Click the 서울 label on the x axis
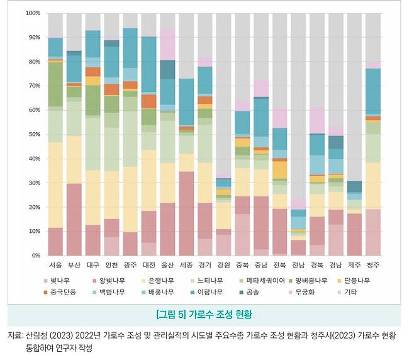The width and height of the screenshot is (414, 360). point(55,266)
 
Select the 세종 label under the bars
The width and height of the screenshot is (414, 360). point(186,266)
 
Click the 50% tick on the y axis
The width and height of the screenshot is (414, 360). point(33,135)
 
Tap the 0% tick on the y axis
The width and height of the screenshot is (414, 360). point(35,256)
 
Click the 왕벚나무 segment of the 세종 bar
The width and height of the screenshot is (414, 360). point(186,214)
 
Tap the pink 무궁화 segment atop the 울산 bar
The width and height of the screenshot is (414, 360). point(167,44)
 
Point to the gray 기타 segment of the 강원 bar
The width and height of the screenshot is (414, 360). point(223,94)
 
